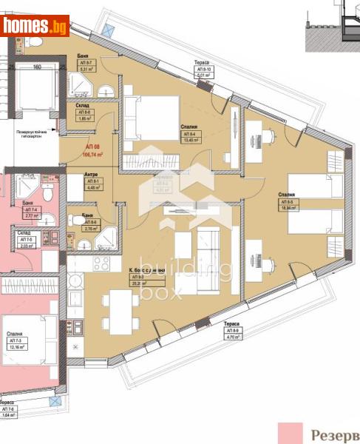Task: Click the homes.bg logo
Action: click(35, 26)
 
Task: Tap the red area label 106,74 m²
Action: click(72, 155)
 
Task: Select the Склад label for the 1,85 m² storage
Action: click(83, 106)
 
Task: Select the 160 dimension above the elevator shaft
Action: click(37, 67)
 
